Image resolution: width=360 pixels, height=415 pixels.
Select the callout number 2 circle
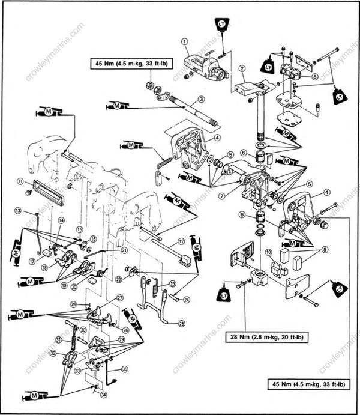pos(242,68)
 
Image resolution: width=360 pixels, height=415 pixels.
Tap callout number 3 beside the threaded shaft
pos(202,99)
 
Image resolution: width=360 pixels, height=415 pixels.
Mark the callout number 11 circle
pos(20,181)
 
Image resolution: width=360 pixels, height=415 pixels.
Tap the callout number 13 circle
pos(18,211)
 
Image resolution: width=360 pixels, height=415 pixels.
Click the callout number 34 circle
pos(103,395)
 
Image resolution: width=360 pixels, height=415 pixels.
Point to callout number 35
pos(125,369)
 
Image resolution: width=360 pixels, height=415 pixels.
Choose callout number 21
pos(124,250)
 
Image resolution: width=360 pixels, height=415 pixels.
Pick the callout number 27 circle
pos(120,298)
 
